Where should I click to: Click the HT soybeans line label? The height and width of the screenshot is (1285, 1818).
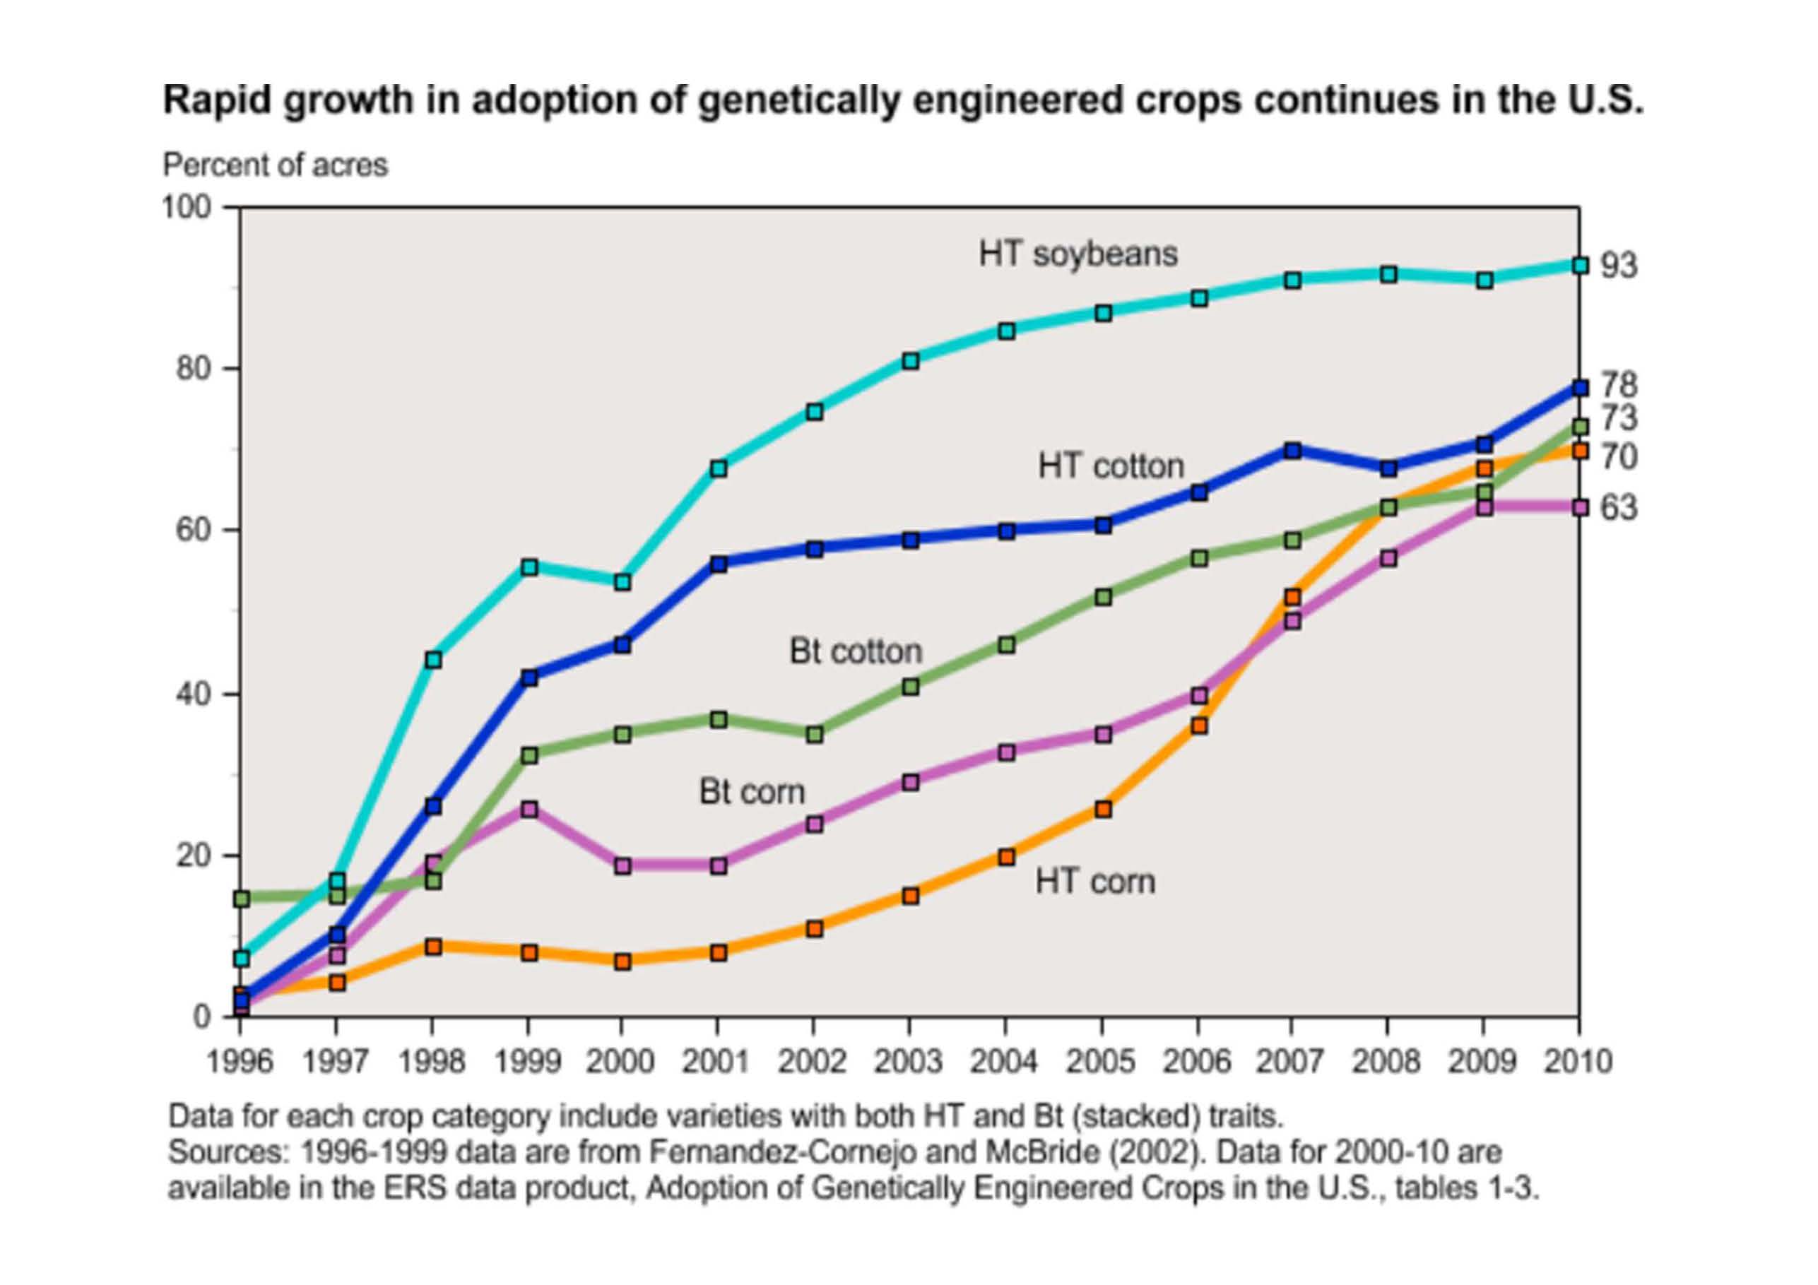pos(1078,254)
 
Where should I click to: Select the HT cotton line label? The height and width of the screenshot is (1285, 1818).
pos(1111,466)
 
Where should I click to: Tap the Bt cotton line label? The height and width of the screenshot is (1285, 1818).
pos(856,651)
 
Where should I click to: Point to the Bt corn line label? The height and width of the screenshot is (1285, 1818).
pos(751,792)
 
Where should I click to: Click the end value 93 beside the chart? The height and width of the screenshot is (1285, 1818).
pos(1619,266)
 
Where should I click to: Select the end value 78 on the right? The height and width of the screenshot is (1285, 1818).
pos(1619,386)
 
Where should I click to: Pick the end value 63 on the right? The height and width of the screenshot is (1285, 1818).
pos(1619,507)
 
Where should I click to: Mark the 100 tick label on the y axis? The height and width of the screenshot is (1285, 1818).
pos(187,208)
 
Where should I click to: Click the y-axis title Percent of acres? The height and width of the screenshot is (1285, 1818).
pos(276,165)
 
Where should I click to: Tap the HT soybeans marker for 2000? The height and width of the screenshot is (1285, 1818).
pos(622,582)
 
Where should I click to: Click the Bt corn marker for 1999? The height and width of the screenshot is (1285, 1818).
pos(530,809)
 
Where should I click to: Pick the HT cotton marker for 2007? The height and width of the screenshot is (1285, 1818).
pos(1292,451)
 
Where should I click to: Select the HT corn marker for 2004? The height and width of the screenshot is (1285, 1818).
pos(1006,857)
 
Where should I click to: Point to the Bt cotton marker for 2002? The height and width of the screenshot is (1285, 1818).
pos(814,735)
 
